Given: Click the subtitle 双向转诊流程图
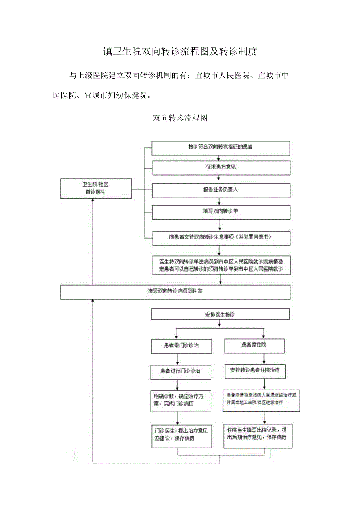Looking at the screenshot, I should click(x=180, y=118).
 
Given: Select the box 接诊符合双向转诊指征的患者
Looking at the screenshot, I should click(x=221, y=147).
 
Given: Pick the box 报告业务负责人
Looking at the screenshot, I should click(x=221, y=190).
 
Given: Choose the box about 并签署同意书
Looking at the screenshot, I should click(x=221, y=237).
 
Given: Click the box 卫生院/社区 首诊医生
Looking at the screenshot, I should click(x=96, y=189).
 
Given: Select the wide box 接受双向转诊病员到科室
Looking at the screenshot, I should click(x=175, y=291).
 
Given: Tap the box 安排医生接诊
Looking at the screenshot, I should click(x=220, y=314).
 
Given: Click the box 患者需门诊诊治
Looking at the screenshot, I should click(x=181, y=346).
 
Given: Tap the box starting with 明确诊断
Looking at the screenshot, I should click(x=178, y=400).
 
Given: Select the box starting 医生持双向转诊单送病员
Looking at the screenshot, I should click(x=221, y=265).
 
